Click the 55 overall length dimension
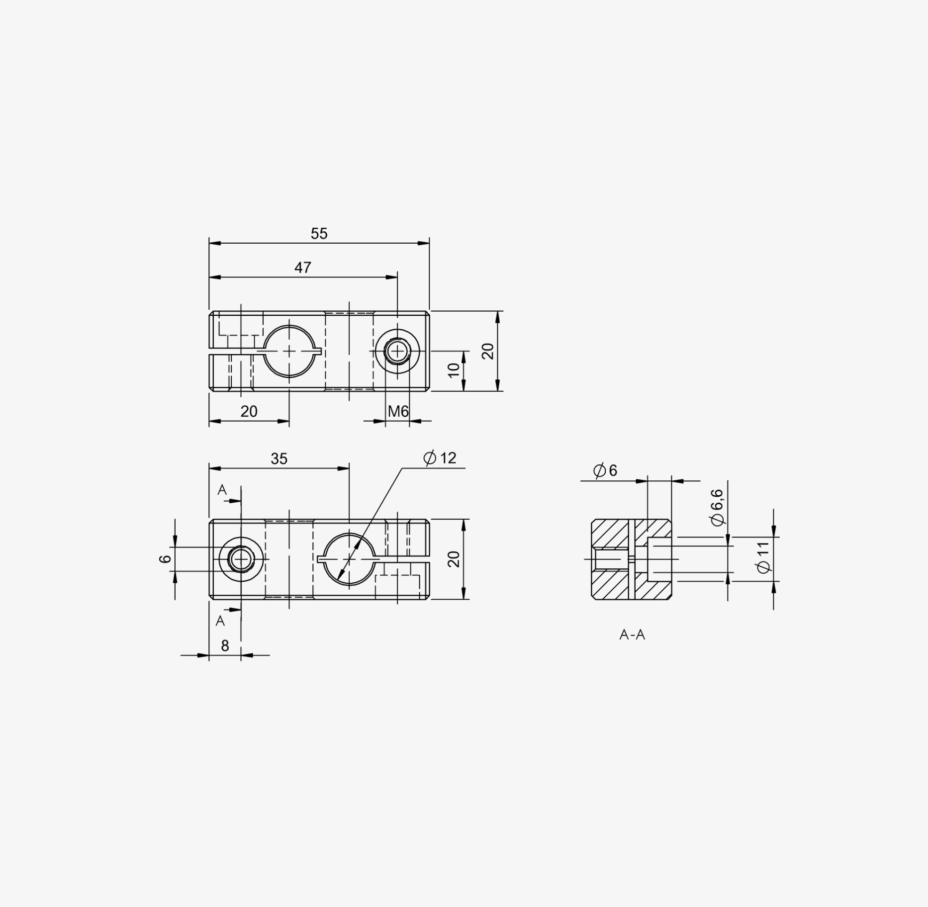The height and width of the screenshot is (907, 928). (x=319, y=234)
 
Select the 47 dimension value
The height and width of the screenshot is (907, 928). (x=303, y=268)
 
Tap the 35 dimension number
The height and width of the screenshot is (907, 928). (x=279, y=459)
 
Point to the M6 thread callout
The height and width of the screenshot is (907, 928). (x=398, y=411)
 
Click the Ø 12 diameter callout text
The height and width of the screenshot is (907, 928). (x=440, y=458)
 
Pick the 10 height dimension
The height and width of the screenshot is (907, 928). (x=454, y=370)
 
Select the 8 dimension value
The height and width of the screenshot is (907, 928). (x=225, y=646)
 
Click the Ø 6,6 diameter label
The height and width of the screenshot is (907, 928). (x=717, y=507)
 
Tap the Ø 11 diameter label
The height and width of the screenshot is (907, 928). (x=763, y=557)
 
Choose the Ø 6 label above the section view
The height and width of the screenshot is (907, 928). (x=605, y=470)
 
